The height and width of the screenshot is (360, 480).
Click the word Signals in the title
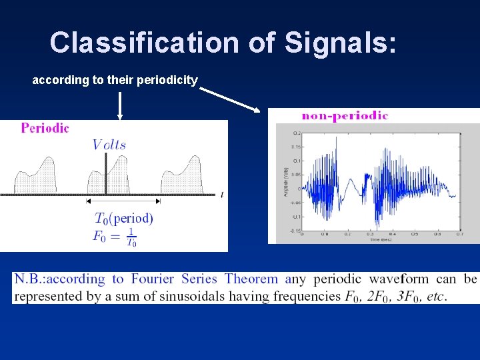click(x=340, y=42)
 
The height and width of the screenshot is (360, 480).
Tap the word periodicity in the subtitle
click(x=166, y=80)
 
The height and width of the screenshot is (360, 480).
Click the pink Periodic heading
click(x=45, y=128)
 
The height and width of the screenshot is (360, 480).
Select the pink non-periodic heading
click(x=345, y=115)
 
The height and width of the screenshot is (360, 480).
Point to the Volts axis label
click(x=109, y=145)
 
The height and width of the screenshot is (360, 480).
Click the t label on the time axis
click(x=221, y=194)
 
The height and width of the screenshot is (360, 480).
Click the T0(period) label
click(x=124, y=218)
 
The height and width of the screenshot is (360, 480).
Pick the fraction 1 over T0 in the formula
click(x=131, y=237)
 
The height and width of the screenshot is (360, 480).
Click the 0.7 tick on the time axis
click(x=459, y=235)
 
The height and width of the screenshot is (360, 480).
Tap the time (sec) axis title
click(x=381, y=239)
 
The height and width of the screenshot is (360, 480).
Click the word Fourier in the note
click(x=153, y=279)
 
